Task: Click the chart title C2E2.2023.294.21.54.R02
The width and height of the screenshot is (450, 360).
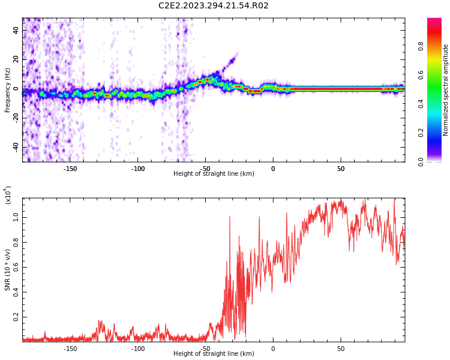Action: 213,6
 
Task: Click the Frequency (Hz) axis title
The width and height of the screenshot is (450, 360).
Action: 8,90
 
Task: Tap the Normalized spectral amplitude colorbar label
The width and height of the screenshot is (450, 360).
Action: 446,90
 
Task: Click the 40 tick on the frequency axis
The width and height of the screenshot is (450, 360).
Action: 16,31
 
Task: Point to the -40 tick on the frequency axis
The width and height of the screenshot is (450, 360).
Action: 14,147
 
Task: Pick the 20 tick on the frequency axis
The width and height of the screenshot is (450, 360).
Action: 16,59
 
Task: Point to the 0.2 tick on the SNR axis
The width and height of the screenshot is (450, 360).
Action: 16,316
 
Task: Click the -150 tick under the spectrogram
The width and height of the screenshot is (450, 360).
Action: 70,169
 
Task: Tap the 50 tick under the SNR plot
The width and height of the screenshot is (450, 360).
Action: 340,349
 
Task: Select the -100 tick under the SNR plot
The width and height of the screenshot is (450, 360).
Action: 138,349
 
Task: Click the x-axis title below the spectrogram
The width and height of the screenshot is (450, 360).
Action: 214,174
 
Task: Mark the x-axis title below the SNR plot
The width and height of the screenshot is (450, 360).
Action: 214,354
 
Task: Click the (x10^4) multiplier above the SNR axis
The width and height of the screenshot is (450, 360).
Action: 8,195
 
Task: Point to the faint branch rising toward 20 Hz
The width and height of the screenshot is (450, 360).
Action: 228,62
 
